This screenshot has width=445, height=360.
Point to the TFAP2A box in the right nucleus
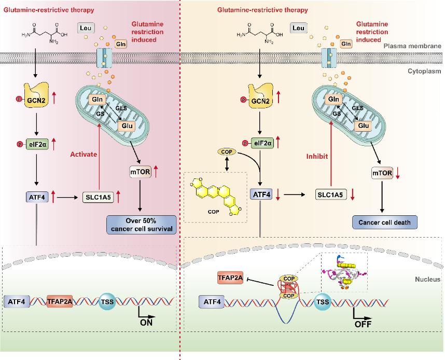pyautogui.click(x=230, y=279)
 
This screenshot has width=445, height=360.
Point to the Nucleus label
pyautogui.click(x=428, y=280)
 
